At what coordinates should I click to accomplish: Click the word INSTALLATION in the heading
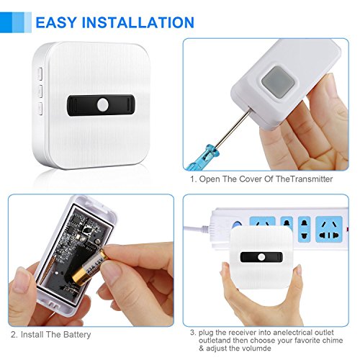(138, 22)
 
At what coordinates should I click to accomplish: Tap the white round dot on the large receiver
(103, 105)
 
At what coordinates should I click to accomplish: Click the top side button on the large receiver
(40, 74)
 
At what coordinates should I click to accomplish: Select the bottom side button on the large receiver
(40, 109)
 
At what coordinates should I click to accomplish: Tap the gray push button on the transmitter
(278, 81)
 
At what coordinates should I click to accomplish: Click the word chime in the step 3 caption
(331, 341)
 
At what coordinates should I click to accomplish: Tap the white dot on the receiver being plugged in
(261, 257)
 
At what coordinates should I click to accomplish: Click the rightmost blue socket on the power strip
(329, 229)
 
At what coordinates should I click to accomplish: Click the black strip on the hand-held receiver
(261, 257)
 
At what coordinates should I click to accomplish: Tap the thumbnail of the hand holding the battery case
(21, 280)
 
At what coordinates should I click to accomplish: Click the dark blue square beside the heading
(6, 22)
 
